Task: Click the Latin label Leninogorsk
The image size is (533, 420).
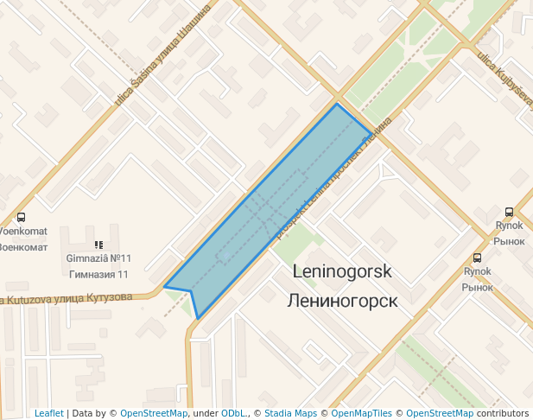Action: tap(342, 271)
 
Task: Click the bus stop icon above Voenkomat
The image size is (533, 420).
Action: tap(21, 217)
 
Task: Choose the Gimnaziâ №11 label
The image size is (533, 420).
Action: tap(98, 258)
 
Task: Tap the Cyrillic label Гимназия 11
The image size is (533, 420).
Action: tap(98, 274)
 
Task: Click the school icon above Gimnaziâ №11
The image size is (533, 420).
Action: tap(98, 245)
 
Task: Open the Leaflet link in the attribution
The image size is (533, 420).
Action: tap(49, 413)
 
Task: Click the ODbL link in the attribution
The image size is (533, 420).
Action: tap(232, 413)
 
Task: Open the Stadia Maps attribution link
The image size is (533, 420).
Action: tap(290, 413)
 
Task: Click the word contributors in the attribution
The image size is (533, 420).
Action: tap(503, 413)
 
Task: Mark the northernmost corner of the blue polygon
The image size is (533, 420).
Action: tap(337, 104)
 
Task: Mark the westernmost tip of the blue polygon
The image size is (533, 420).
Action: tap(164, 286)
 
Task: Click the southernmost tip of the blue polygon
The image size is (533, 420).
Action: tap(198, 319)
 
